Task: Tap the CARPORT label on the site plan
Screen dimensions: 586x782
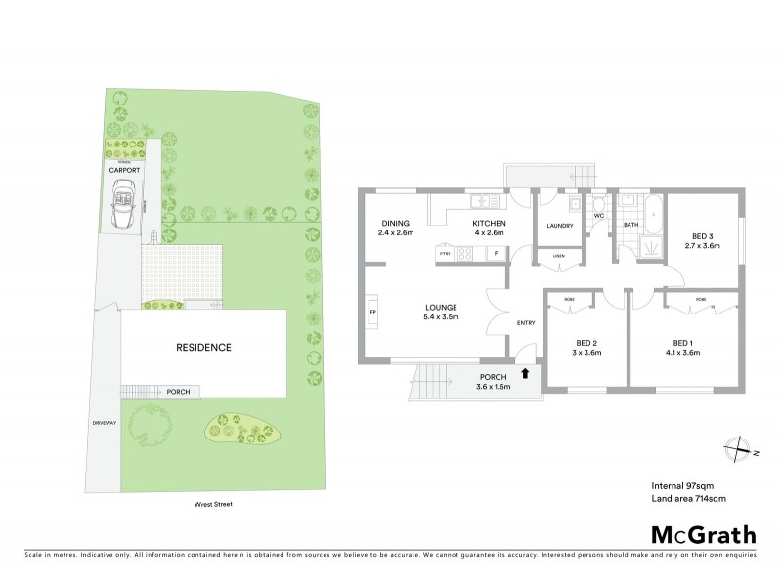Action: [124, 170]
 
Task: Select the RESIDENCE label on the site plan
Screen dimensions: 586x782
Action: [203, 347]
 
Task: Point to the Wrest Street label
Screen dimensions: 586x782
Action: [212, 504]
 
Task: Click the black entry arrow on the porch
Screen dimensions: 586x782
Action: [528, 372]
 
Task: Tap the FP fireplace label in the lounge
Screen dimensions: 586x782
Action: [372, 313]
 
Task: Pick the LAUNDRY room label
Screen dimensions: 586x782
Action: [559, 226]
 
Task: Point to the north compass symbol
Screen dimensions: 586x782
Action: [738, 447]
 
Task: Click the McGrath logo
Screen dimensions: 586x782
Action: [703, 534]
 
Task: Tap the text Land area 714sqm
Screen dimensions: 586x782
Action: [688, 498]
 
